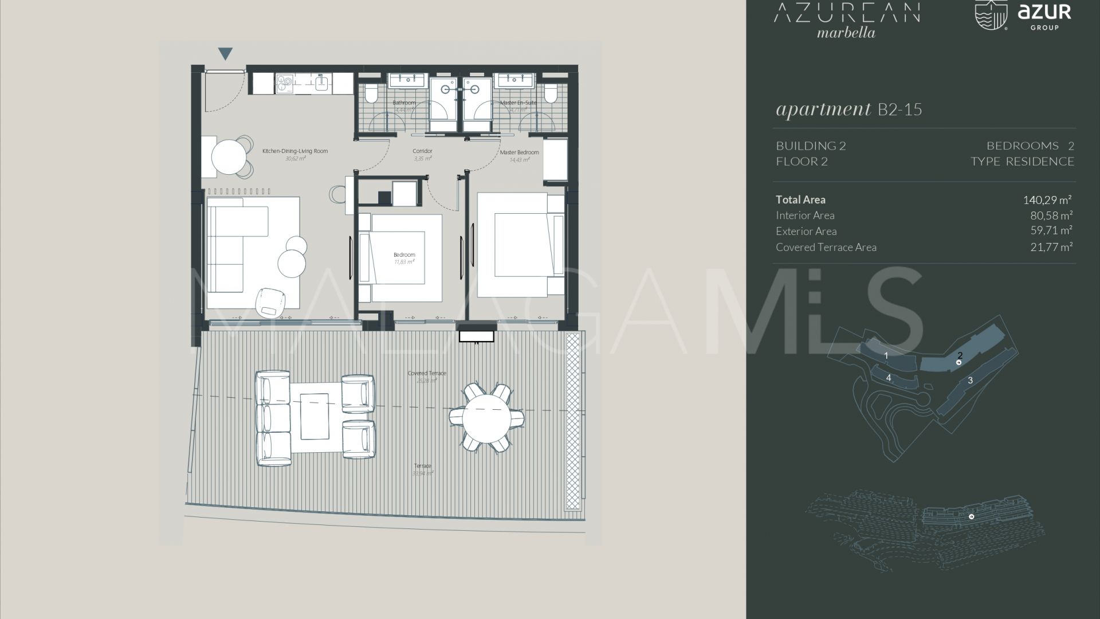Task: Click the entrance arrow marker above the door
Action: click(226, 54)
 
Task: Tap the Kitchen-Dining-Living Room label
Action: click(295, 151)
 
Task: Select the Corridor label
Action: click(422, 151)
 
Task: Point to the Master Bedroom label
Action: click(519, 152)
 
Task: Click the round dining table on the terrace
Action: click(486, 417)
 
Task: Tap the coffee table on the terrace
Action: click(314, 416)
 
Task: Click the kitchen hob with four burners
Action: click(284, 84)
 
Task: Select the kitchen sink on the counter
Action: click(321, 84)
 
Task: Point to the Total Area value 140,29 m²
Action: click(1047, 200)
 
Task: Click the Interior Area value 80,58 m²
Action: click(1051, 216)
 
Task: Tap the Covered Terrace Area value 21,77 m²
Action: click(1051, 247)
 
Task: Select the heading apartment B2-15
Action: click(848, 109)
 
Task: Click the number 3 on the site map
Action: click(970, 380)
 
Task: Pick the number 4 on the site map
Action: click(889, 378)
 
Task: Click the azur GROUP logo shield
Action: click(992, 14)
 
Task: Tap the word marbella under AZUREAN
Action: click(846, 33)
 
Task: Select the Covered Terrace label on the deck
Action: click(427, 373)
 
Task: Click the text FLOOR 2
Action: click(802, 162)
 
